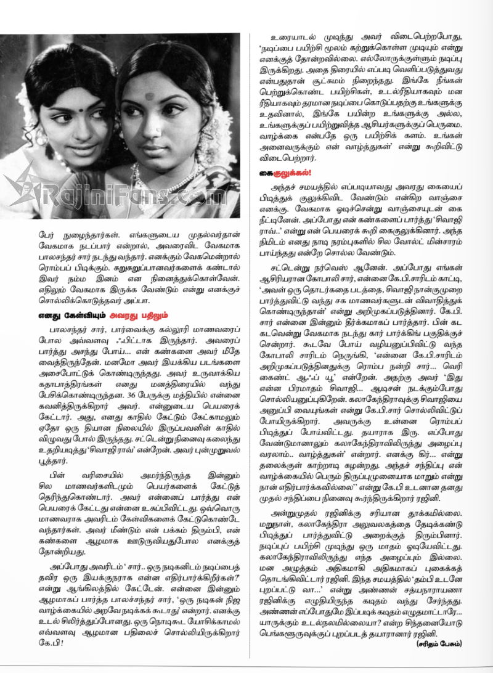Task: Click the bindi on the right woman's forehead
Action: click(150, 97)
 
